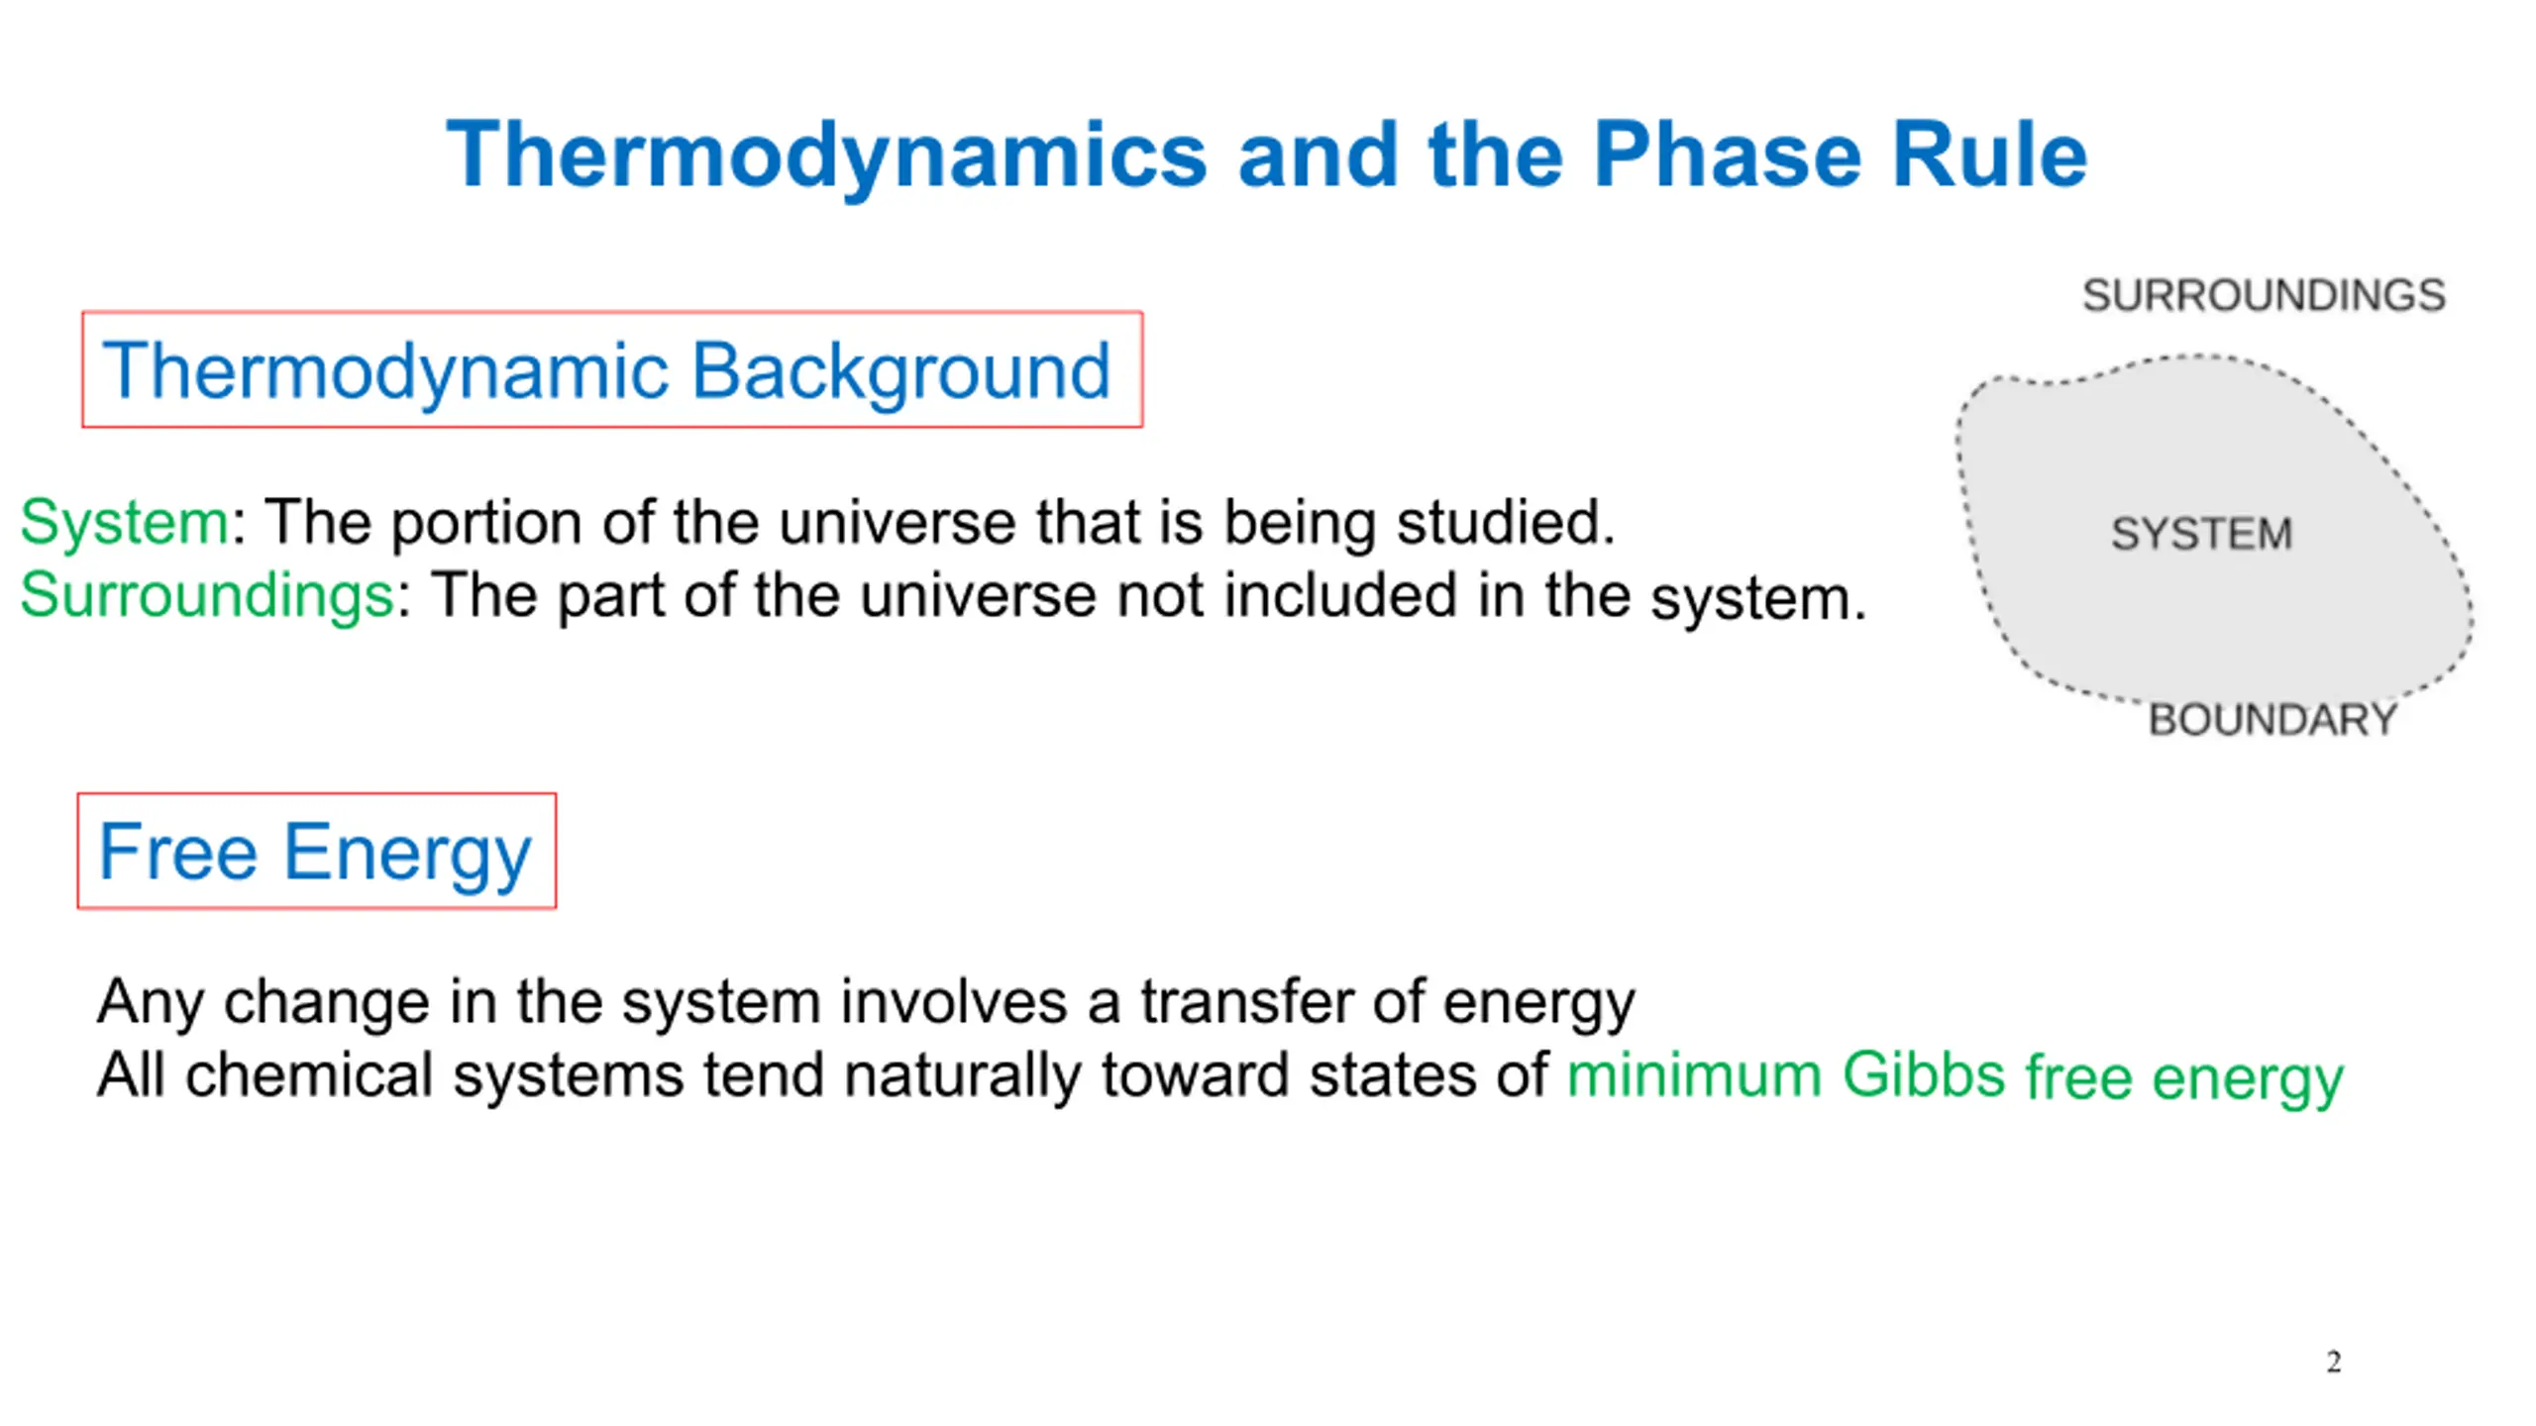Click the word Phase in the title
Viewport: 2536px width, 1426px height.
point(1728,154)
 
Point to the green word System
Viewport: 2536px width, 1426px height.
point(125,522)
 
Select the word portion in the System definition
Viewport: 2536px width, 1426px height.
point(485,524)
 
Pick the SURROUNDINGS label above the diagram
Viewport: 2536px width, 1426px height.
point(2264,295)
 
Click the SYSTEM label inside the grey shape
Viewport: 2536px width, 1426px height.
point(2201,534)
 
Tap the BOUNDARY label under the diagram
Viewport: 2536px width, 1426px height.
point(2272,720)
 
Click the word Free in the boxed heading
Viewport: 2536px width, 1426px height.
point(178,852)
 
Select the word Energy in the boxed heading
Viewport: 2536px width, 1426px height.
point(407,856)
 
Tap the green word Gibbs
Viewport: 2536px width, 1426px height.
point(1923,1075)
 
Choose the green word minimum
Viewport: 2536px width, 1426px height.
point(1694,1075)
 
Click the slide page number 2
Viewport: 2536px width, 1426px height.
point(2334,1362)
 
